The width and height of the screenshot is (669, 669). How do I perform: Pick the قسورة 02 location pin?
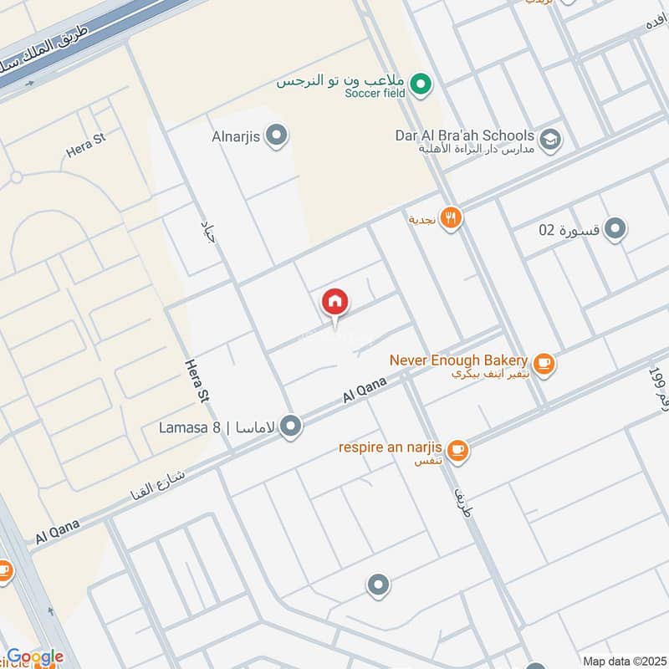tap(615, 228)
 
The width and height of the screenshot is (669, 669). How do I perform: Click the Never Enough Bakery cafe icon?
tap(544, 362)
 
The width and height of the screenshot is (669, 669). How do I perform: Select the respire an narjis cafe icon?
tap(457, 450)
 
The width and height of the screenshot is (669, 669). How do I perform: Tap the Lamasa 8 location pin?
tap(291, 427)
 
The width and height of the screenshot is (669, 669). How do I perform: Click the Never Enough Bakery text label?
tap(458, 360)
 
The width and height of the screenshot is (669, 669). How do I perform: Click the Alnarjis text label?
tap(237, 135)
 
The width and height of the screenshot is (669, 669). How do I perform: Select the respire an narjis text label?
tap(391, 447)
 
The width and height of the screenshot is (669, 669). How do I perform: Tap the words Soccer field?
tap(374, 93)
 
